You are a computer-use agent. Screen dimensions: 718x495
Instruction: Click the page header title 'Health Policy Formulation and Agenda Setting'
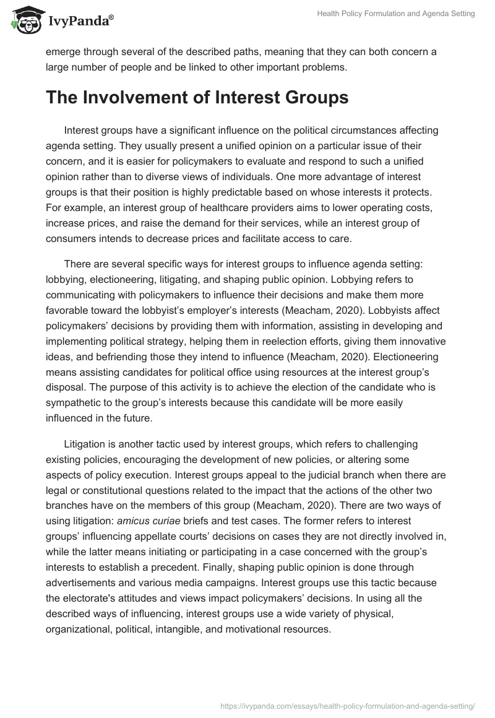395,14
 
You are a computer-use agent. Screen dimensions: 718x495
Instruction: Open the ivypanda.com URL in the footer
345,705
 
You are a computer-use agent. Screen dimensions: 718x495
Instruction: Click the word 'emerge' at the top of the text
64,52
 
